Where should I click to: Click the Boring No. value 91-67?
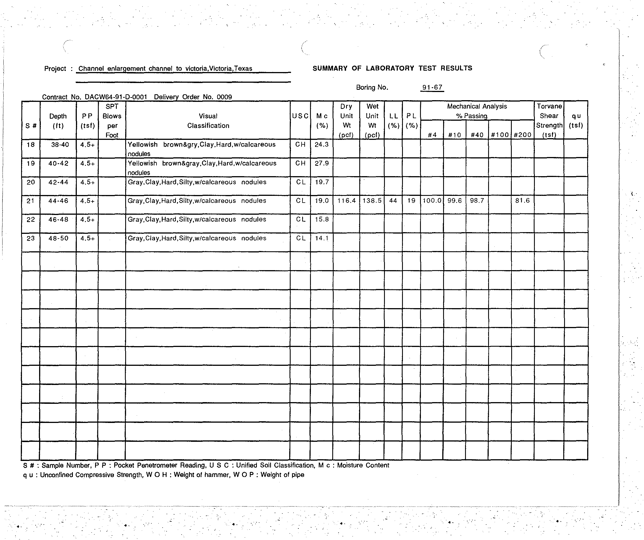point(432,88)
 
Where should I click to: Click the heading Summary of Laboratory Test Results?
point(392,68)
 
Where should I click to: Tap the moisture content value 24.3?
point(321,144)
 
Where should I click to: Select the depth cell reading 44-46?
point(58,201)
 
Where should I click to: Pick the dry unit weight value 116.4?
point(346,201)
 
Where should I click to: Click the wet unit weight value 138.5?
point(372,201)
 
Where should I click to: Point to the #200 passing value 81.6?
point(522,201)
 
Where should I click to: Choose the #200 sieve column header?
point(522,135)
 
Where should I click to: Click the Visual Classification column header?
point(208,121)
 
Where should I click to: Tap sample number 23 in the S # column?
point(31,238)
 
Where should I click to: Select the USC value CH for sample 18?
point(300,144)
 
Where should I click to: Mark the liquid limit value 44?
point(393,201)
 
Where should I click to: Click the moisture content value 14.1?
point(321,238)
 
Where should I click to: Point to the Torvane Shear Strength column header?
point(549,120)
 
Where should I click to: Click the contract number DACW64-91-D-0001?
point(116,97)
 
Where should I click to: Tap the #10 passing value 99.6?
point(454,201)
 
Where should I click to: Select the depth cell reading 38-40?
point(60,144)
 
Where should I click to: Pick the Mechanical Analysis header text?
point(477,106)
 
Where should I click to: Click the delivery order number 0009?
point(224,97)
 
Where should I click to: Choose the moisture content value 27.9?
point(321,163)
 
